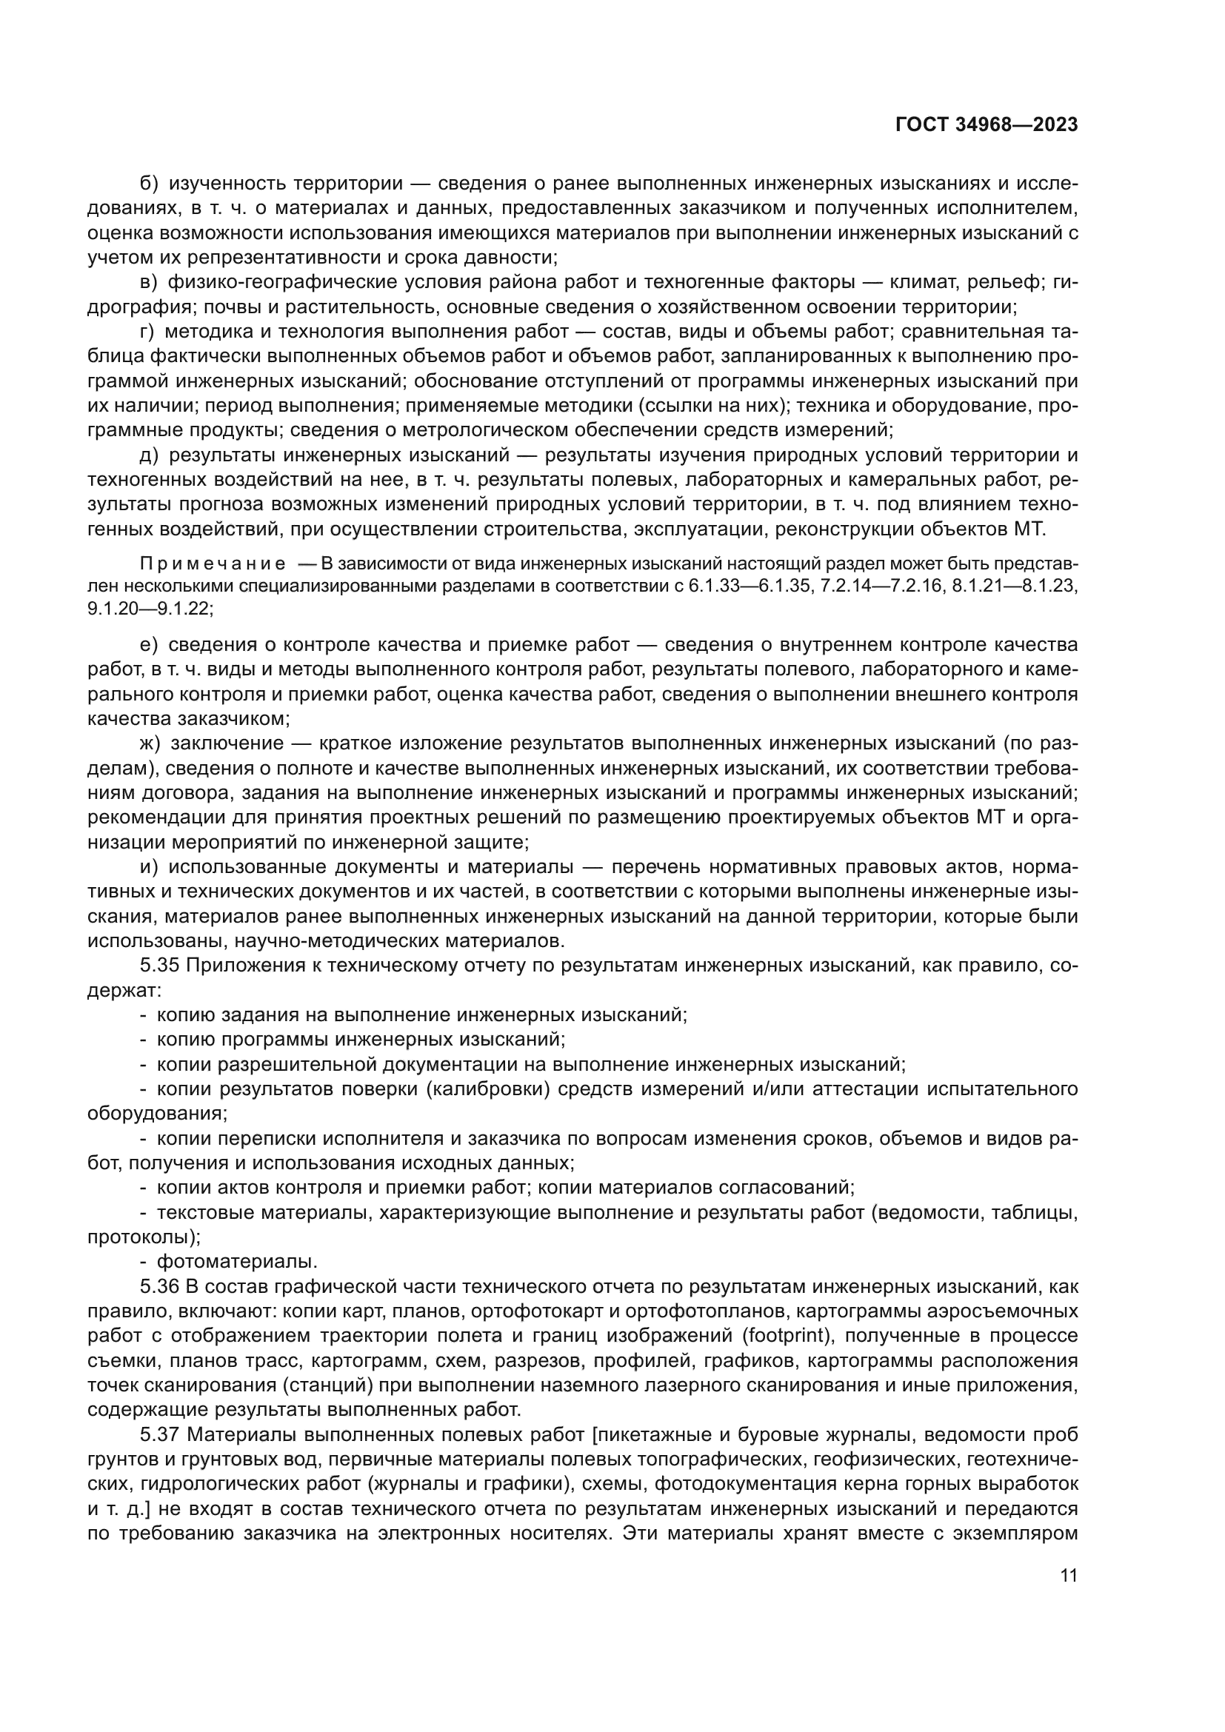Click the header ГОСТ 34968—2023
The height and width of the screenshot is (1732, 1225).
pos(986,125)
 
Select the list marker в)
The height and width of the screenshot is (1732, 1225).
pos(148,282)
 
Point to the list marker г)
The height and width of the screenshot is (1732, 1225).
pos(147,332)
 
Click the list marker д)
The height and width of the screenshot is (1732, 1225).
pos(149,455)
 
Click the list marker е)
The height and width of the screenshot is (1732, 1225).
pos(148,644)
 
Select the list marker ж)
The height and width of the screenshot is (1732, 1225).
pos(150,743)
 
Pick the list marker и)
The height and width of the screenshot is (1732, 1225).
pos(149,867)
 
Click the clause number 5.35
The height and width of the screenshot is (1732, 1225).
pos(157,966)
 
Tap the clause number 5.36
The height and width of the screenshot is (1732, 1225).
pos(157,1287)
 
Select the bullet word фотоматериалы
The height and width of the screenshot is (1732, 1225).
pos(237,1261)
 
